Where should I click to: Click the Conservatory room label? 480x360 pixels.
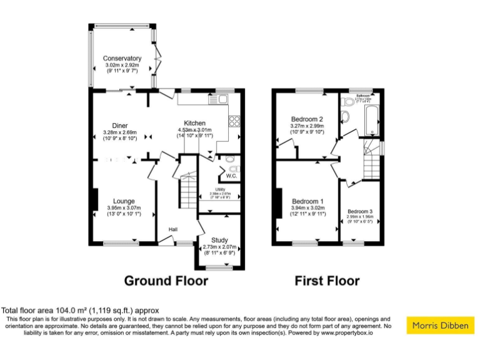(122, 59)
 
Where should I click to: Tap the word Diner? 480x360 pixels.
(120, 125)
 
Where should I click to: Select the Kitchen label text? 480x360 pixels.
(194, 123)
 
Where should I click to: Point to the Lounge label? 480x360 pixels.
(124, 201)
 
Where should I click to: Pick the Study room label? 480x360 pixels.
(219, 240)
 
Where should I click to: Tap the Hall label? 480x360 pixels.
(171, 229)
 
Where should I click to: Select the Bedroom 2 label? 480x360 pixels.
(307, 119)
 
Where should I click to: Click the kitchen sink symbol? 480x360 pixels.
(222, 98)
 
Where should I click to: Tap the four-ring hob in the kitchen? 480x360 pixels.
(236, 122)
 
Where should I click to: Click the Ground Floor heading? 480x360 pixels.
(166, 281)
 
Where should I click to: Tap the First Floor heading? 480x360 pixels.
(327, 281)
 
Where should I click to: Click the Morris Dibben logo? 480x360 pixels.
(441, 325)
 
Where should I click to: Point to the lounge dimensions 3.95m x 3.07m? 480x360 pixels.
(124, 208)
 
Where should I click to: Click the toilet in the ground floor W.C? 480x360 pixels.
(232, 168)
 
